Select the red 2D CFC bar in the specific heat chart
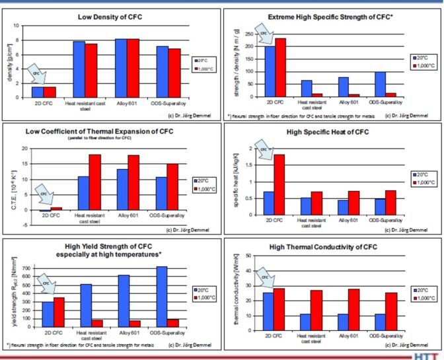tap(280, 185)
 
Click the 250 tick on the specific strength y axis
tap(250, 34)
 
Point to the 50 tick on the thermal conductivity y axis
tap(248, 256)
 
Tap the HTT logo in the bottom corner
tap(429, 355)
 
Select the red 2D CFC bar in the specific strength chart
tap(281, 67)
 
